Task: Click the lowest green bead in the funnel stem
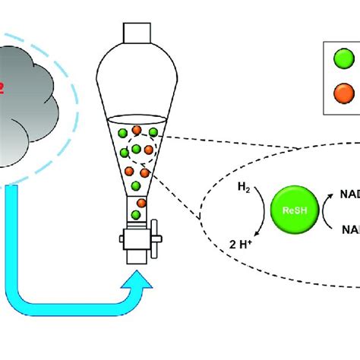pyautogui.click(x=135, y=216)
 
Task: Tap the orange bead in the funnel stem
pyautogui.click(x=141, y=203)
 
